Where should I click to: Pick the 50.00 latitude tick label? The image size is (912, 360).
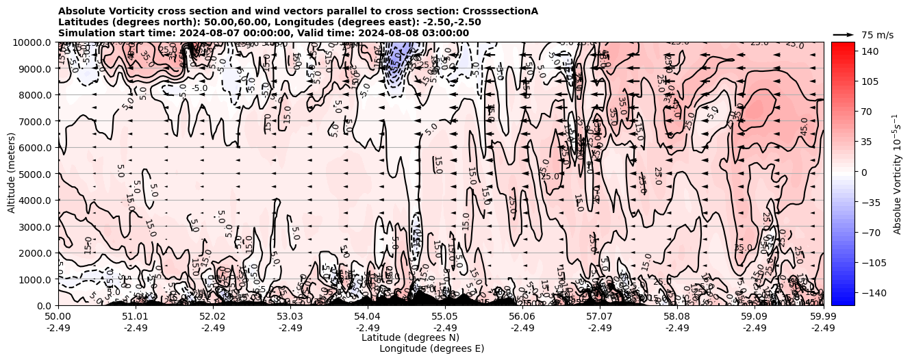[x=58, y=317]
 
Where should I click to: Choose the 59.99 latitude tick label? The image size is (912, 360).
[x=823, y=317]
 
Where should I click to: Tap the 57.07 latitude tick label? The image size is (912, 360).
[x=600, y=317]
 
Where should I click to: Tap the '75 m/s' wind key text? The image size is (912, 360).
[x=877, y=35]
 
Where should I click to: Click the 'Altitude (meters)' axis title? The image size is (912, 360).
[x=12, y=174]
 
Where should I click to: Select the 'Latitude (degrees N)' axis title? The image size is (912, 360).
[x=410, y=337]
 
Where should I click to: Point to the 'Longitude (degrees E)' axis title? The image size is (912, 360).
[x=431, y=348]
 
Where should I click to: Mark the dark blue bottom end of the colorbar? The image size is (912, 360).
[x=843, y=301]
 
